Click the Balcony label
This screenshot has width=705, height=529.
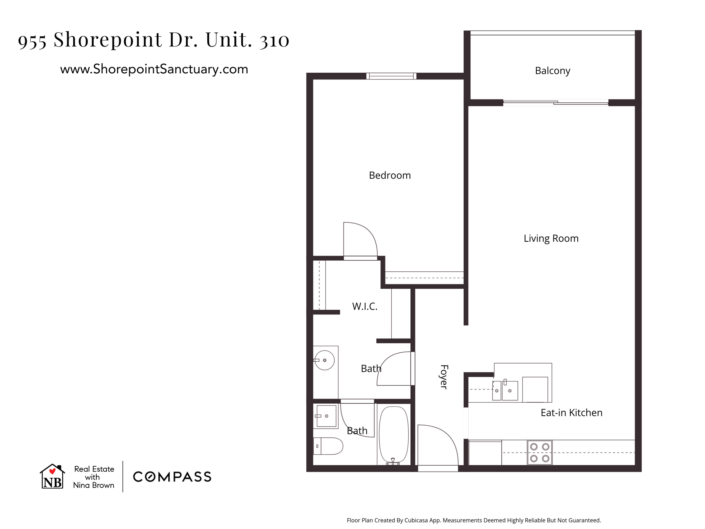[x=553, y=71]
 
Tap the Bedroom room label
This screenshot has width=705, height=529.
[x=390, y=175]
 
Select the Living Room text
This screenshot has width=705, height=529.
[x=551, y=238]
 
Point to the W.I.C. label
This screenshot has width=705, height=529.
[x=365, y=306]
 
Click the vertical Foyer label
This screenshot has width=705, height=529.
[x=444, y=377]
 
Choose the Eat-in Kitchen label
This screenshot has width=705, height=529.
[x=571, y=413]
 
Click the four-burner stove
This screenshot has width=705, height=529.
[x=540, y=453]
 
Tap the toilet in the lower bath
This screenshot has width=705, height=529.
[x=328, y=446]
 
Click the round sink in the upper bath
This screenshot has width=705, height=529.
[x=324, y=360]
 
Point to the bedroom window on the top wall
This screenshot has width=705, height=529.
[x=391, y=76]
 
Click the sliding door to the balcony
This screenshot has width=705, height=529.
[x=556, y=103]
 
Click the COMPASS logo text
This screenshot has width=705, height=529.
[x=172, y=477]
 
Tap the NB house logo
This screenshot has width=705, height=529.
[x=52, y=476]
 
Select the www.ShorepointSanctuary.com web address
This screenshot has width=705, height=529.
[x=154, y=69]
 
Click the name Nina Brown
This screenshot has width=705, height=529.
[x=94, y=485]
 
